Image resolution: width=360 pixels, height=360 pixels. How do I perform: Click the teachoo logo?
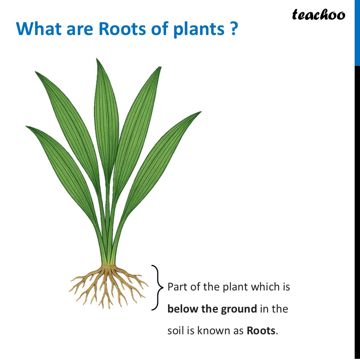click(318, 15)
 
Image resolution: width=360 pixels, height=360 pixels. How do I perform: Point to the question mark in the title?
click(233, 29)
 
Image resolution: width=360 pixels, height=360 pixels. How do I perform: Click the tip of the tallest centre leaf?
click(97, 59)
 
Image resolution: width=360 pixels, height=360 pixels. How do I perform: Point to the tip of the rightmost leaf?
click(201, 112)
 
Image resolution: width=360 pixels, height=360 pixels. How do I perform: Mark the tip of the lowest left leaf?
click(26, 126)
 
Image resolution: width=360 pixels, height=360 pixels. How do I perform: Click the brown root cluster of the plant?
click(108, 286)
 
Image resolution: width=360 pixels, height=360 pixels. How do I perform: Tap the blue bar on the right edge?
click(357, 33)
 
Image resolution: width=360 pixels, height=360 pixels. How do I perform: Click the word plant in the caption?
click(235, 287)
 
